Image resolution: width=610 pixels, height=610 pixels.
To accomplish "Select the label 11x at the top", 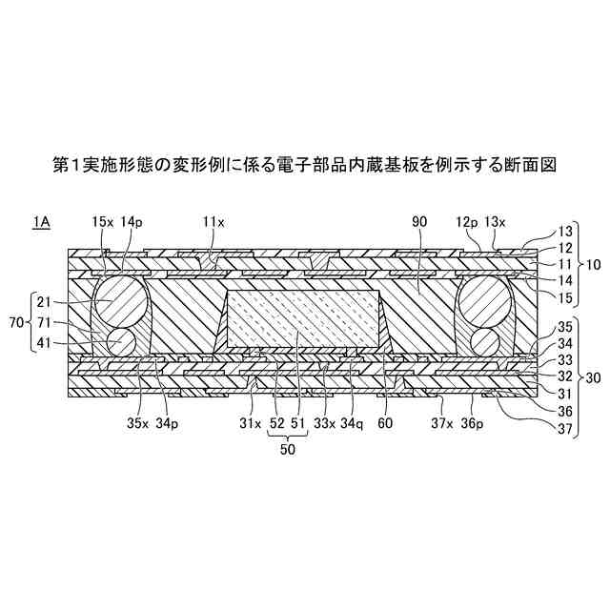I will (x=213, y=221).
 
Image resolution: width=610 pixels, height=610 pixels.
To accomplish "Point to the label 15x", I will (x=102, y=221).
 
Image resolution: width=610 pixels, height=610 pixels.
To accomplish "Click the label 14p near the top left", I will (x=132, y=221).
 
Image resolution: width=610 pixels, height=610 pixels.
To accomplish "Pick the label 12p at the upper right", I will (x=468, y=221).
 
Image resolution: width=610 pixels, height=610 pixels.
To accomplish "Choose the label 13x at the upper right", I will (x=497, y=221).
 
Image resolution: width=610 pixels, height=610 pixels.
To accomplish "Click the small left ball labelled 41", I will (x=119, y=341).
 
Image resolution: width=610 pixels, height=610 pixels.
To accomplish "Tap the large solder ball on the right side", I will (x=486, y=305).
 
